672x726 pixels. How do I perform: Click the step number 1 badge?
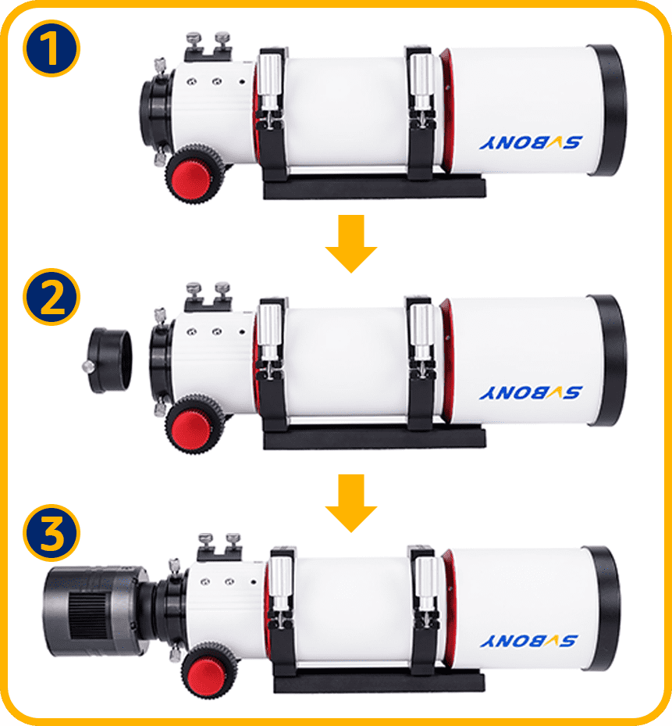(x=52, y=48)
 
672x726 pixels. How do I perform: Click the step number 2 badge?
(x=52, y=297)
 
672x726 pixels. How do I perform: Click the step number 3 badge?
(x=52, y=532)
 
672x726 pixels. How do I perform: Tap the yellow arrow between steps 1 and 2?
(x=351, y=244)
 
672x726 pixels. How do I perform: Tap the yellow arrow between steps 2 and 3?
(x=351, y=502)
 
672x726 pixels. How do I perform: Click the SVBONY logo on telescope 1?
(x=531, y=142)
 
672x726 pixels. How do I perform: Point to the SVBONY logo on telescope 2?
(x=531, y=392)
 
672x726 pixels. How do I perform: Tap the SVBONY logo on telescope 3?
(x=528, y=641)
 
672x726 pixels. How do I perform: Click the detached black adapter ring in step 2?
(x=108, y=360)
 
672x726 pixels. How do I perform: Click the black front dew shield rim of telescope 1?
(x=608, y=110)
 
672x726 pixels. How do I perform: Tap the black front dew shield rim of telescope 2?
(x=608, y=360)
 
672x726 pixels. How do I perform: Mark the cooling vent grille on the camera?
(x=88, y=615)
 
